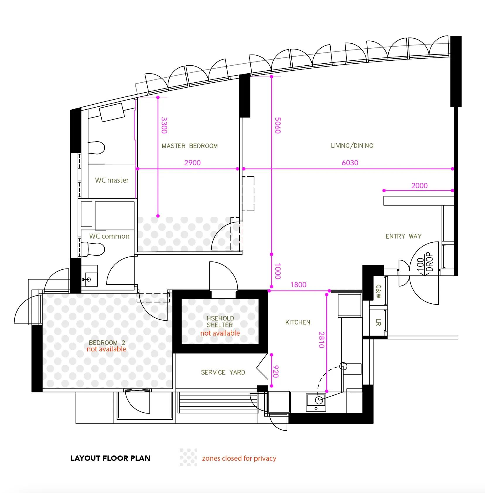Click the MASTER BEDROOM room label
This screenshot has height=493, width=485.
(x=190, y=146)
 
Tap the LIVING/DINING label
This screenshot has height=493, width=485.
(x=352, y=146)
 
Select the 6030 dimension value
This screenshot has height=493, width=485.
(x=350, y=163)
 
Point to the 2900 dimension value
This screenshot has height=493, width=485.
(x=192, y=163)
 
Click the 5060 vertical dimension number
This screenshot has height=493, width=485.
(x=278, y=125)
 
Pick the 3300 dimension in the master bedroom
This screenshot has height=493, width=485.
(x=164, y=125)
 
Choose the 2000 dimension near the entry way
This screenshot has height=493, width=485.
(x=419, y=186)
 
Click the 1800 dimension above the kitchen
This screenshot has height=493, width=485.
(x=298, y=285)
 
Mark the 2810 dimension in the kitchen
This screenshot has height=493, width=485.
(x=321, y=340)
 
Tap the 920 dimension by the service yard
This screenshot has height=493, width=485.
(x=275, y=371)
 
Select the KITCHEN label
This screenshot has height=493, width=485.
(x=298, y=322)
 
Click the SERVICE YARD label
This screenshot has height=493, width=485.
(x=223, y=372)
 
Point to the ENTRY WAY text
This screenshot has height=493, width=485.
(x=404, y=236)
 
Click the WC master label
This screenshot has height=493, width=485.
(x=112, y=180)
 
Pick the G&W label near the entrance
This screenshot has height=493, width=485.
(x=378, y=292)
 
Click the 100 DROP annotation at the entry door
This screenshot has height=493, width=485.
(x=424, y=263)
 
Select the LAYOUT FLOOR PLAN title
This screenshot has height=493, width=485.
(x=110, y=458)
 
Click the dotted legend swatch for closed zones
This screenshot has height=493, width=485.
(x=188, y=457)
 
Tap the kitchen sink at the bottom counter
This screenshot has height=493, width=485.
(x=316, y=402)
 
